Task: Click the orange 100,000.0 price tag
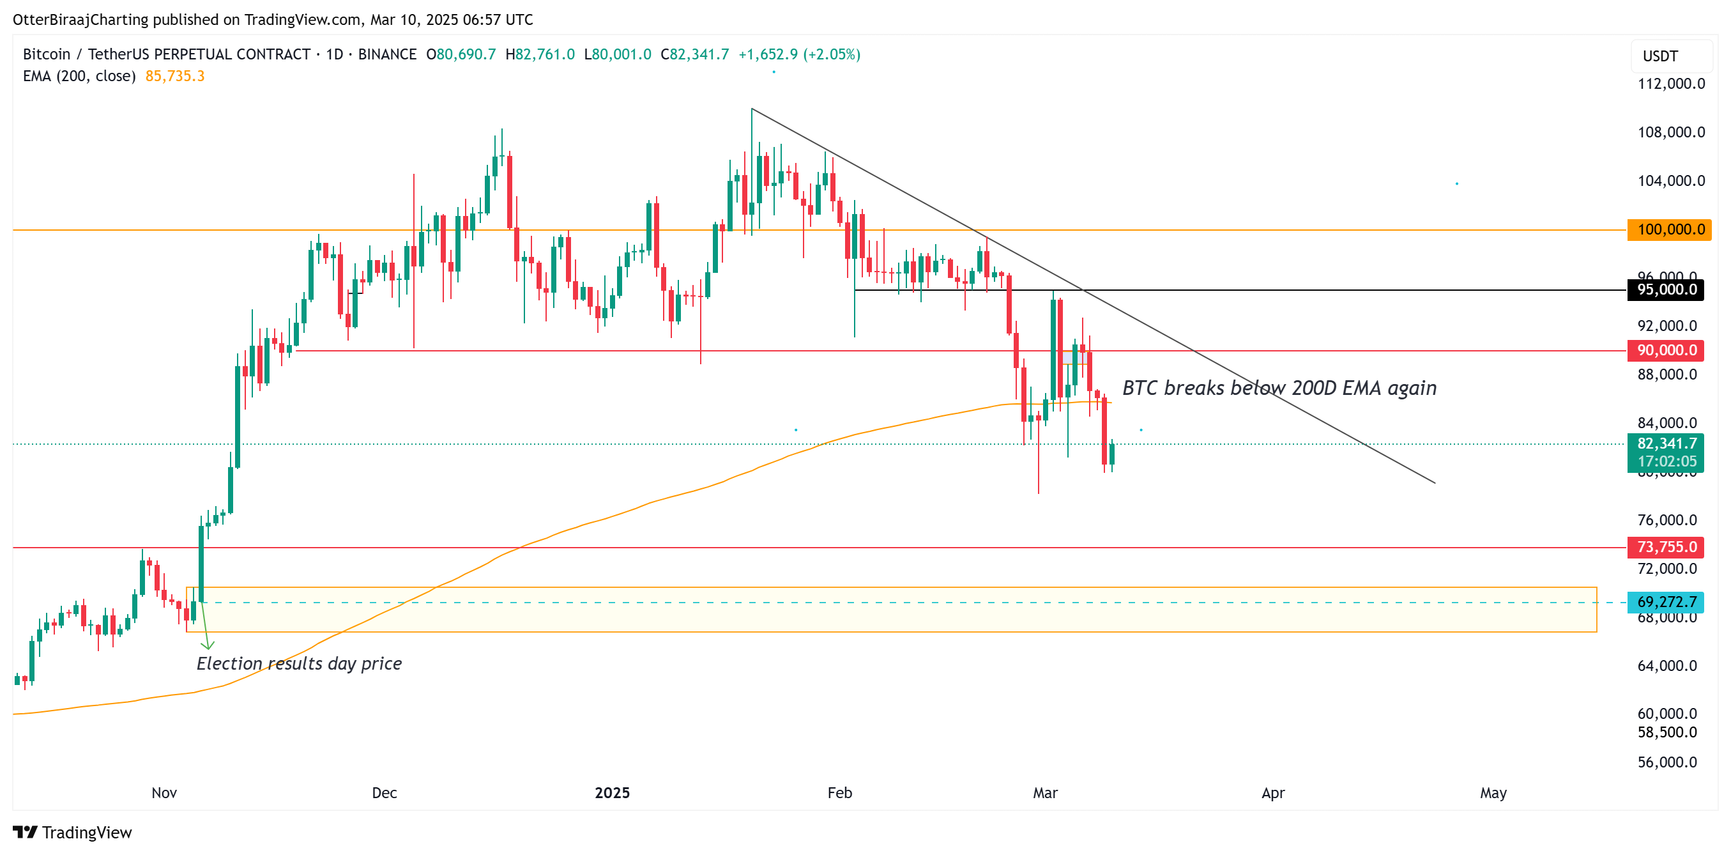tap(1669, 229)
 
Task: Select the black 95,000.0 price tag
tap(1665, 289)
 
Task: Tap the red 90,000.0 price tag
tap(1665, 350)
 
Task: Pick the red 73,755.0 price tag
tap(1665, 547)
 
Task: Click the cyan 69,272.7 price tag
tap(1665, 601)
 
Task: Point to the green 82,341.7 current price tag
tap(1665, 443)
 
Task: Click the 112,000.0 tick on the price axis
tap(1670, 83)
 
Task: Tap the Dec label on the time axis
tap(385, 792)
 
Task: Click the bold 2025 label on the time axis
tap(612, 792)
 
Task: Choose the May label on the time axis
tap(1493, 792)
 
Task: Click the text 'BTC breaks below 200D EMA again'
tap(1279, 388)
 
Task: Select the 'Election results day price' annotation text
tap(299, 663)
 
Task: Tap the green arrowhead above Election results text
tap(207, 645)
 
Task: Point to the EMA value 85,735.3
tap(175, 76)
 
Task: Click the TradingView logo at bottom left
tap(73, 832)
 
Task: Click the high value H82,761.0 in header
tap(540, 54)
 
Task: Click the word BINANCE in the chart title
tap(387, 54)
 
